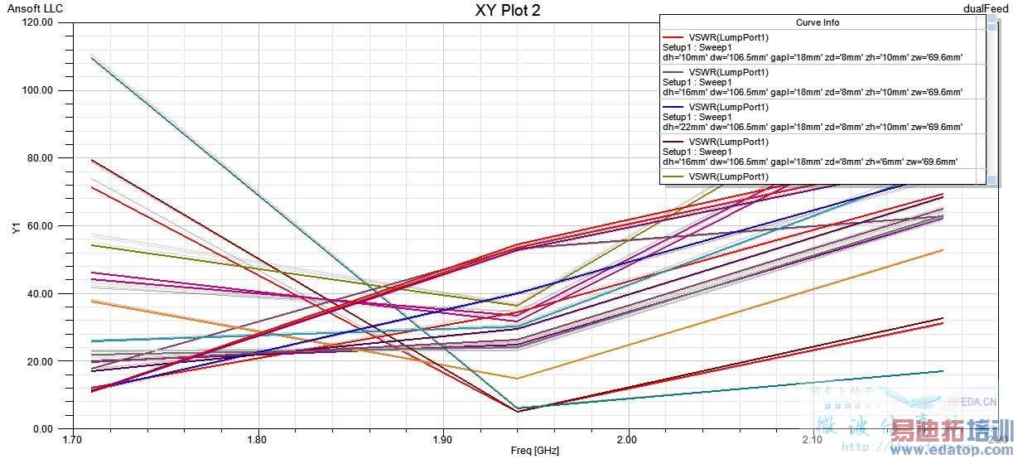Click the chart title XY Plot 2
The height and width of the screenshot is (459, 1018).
coord(508,11)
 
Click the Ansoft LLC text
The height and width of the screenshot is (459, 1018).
coord(35,9)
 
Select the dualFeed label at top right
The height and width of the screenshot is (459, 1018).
coord(986,8)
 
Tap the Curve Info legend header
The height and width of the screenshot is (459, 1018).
coord(818,22)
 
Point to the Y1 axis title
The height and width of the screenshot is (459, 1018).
coord(16,227)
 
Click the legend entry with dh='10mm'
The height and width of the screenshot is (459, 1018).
coord(812,47)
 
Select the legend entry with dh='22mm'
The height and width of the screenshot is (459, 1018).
coord(812,117)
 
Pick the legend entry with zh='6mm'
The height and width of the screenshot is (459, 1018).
coord(812,152)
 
